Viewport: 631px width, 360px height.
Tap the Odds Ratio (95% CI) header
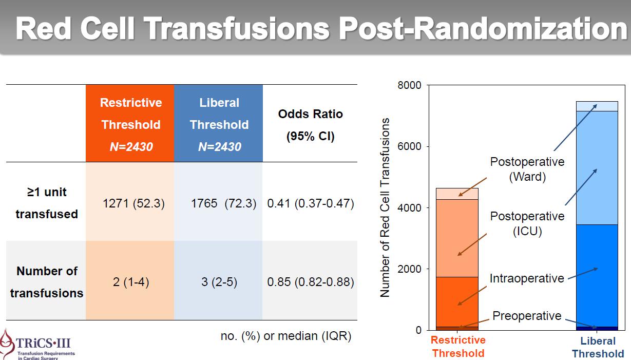(x=310, y=125)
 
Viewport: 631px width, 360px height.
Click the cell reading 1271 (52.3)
(x=133, y=203)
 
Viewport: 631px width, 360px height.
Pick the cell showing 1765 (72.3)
(x=223, y=203)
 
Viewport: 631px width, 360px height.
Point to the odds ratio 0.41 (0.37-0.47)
(x=311, y=203)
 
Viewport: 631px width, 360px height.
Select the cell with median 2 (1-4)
(x=131, y=282)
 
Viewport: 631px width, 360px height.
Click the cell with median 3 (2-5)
(x=219, y=282)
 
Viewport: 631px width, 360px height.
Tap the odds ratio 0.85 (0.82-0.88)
(x=311, y=282)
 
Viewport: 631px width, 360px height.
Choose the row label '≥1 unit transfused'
(x=47, y=203)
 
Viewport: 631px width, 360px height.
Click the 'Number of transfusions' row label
(x=47, y=282)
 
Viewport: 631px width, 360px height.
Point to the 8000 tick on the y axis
(x=409, y=85)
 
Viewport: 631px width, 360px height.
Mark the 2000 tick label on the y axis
(x=409, y=269)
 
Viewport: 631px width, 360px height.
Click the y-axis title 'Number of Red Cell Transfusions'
(x=385, y=207)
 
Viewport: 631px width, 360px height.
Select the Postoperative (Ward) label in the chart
(x=527, y=169)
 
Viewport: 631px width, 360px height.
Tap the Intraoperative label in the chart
(x=527, y=278)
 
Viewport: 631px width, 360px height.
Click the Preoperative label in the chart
(x=527, y=316)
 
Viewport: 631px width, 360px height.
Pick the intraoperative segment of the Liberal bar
(x=597, y=275)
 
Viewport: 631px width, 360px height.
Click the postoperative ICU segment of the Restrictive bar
(x=457, y=238)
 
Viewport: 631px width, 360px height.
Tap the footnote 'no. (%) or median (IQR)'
(x=286, y=336)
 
